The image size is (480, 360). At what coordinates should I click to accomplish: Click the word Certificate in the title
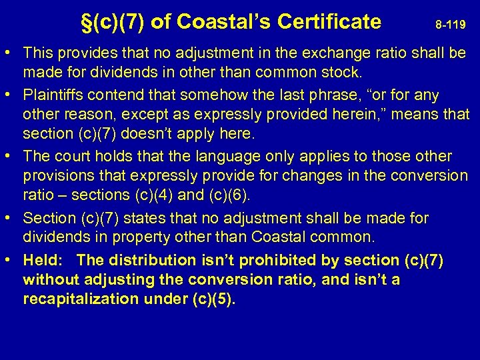pos(329,22)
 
